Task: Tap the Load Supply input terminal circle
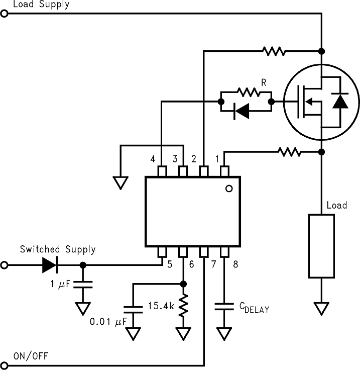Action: pos(5,15)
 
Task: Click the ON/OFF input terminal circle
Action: pos(5,366)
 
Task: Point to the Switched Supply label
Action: pos(58,249)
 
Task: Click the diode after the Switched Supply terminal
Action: pos(51,264)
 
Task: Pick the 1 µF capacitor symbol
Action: pos(83,285)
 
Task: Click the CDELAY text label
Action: pos(254,307)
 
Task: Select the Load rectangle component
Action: pos(321,246)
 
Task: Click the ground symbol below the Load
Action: pos(321,308)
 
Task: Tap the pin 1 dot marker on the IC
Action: pos(229,189)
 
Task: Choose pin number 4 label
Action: pos(153,159)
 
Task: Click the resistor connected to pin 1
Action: pos(290,151)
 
